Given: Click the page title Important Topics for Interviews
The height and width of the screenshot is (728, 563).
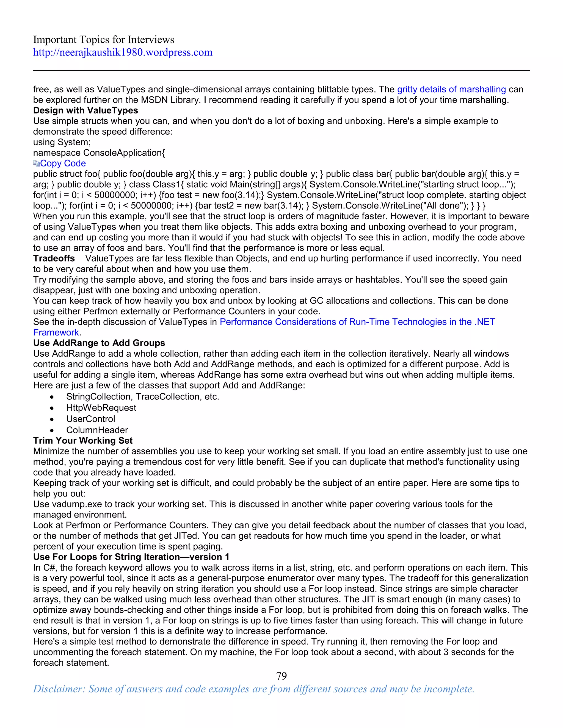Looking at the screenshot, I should (x=103, y=40).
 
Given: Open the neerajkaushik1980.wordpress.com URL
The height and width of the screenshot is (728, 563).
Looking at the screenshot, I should (x=122, y=52).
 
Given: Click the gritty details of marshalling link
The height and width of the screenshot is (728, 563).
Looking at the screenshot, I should (x=451, y=89).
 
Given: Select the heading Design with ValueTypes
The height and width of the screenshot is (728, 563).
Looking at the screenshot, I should (x=85, y=110).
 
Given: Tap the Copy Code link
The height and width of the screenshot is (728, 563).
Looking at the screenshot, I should (x=63, y=163).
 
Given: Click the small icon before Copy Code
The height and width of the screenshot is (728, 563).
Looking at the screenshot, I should (x=36, y=163).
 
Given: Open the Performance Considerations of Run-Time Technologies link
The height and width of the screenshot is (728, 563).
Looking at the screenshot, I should (x=357, y=322).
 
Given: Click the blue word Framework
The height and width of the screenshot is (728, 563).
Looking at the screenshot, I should (x=56, y=333).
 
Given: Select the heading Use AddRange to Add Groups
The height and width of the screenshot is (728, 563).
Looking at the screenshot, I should (x=99, y=343).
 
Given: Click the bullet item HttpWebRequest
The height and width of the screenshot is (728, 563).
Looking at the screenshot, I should (x=101, y=408).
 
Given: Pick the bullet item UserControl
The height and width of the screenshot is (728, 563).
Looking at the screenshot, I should (x=90, y=419).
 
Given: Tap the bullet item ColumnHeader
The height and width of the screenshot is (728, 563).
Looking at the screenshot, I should (x=97, y=430).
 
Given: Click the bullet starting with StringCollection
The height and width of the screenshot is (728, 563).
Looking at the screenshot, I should (x=142, y=397).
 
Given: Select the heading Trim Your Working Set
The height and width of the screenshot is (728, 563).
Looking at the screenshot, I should (x=83, y=441).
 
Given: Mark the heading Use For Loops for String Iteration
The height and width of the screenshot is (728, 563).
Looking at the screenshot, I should (x=131, y=557).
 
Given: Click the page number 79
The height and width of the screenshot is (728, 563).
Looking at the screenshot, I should (x=281, y=676).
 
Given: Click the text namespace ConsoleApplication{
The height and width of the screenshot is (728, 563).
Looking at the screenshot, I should (x=99, y=153).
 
